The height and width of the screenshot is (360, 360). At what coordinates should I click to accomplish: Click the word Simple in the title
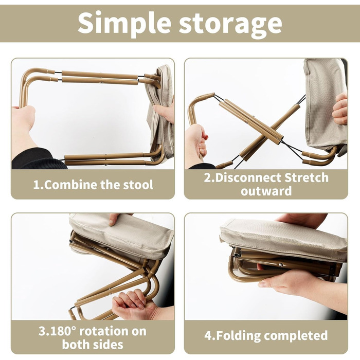[124, 24]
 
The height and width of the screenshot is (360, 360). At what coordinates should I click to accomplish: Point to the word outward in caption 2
[266, 191]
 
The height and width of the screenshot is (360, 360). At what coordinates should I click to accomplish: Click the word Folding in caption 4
[239, 336]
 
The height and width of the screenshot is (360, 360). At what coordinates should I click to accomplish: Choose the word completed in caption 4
[296, 336]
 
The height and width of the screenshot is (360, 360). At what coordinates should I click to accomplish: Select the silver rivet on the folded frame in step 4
[280, 265]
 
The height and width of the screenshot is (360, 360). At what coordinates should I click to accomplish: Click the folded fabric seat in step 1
[160, 113]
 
